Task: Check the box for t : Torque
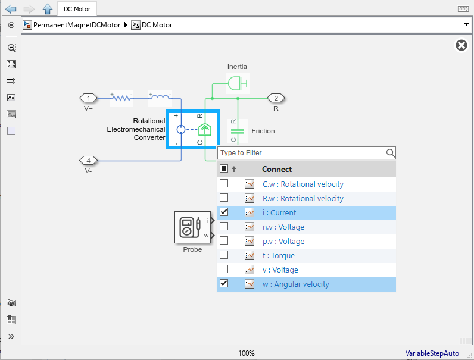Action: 224,255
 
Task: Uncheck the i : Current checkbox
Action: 224,212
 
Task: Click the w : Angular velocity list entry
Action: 295,284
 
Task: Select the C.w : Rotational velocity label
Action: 303,184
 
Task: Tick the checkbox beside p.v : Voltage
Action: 224,241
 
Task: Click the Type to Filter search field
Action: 301,153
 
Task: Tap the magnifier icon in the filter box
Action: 390,153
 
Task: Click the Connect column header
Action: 277,169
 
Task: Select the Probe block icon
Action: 191,227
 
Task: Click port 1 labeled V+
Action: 89,98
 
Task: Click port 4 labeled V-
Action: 89,161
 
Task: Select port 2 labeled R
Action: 276,98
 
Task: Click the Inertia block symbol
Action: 237,82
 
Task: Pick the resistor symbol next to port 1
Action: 121,98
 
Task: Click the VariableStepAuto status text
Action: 432,353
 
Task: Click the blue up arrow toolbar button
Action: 48,9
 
